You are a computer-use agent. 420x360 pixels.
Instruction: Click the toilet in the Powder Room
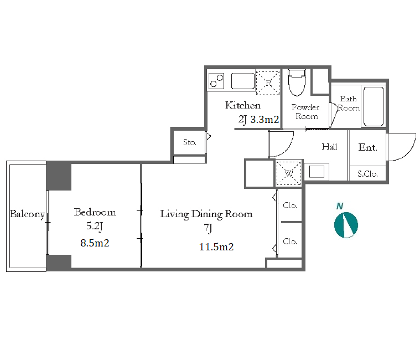click(297, 82)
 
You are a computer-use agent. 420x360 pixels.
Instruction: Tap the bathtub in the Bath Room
click(374, 106)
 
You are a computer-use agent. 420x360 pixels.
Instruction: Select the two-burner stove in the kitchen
click(216, 81)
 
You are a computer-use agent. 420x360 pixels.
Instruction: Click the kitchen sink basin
click(243, 81)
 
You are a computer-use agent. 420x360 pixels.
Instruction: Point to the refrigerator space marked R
click(268, 83)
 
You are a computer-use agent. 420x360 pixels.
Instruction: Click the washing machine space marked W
click(288, 173)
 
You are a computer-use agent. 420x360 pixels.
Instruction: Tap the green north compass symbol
click(346, 225)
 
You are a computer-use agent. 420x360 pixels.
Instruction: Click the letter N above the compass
click(340, 206)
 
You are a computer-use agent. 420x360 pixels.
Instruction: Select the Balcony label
click(27, 214)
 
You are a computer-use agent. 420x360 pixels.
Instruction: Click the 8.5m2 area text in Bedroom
click(95, 243)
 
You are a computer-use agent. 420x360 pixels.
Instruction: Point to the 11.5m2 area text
click(216, 247)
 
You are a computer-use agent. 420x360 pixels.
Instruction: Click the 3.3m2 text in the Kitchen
click(265, 119)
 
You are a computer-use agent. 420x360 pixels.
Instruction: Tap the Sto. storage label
click(190, 142)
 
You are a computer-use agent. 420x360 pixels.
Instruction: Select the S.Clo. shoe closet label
click(367, 174)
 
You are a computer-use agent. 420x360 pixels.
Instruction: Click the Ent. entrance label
click(368, 147)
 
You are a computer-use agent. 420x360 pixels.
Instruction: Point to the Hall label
click(329, 147)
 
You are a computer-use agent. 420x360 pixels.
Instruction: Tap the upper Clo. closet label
click(290, 205)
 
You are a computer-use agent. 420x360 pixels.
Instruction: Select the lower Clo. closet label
click(290, 241)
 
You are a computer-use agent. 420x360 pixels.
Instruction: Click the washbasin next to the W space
click(317, 172)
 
